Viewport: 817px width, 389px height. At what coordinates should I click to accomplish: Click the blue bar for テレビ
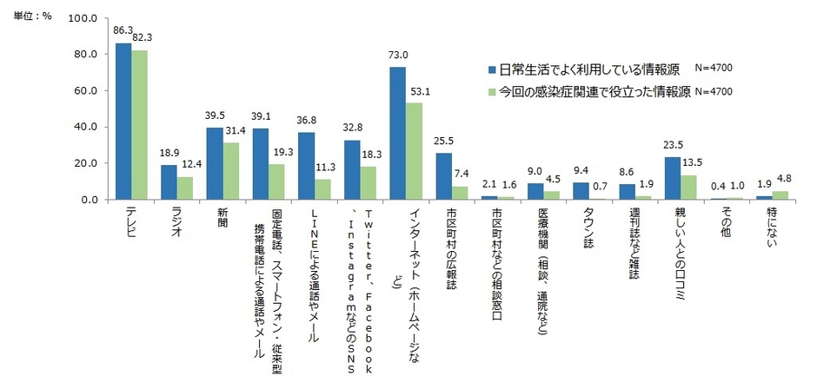123,122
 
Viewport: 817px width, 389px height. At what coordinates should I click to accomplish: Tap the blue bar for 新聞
215,163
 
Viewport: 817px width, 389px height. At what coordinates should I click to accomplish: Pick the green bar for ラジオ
184,188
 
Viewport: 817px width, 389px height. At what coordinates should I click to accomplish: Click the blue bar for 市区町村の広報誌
443,176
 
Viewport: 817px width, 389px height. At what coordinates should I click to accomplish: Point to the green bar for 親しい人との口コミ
687,188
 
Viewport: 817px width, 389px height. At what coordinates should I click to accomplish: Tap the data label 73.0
396,56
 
